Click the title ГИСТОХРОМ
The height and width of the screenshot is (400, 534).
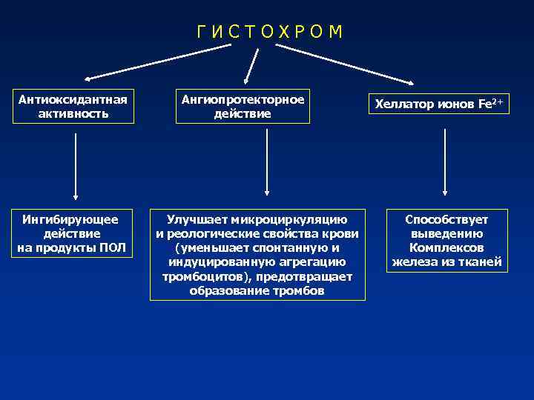[269, 32]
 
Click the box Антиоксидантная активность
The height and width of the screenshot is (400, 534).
[73, 107]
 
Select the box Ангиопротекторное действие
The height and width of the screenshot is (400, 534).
[243, 107]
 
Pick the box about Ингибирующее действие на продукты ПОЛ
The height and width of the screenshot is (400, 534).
[73, 233]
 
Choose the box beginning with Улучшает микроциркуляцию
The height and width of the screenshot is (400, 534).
[257, 254]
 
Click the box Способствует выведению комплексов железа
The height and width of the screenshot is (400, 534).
[446, 240]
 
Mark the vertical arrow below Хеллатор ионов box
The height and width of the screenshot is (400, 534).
[444, 161]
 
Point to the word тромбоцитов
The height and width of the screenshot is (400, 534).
[196, 276]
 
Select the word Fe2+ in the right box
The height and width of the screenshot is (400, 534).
[492, 104]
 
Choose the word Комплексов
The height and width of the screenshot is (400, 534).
[446, 247]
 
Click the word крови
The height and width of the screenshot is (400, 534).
[343, 234]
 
